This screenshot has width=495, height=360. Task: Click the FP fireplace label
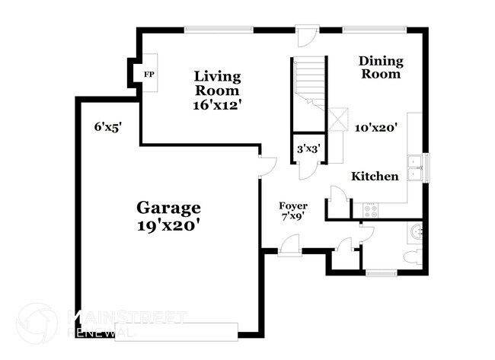[x=148, y=74]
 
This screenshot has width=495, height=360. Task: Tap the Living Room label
[x=217, y=84]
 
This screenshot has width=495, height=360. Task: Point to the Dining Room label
[x=381, y=68]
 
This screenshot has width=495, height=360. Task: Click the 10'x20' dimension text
[x=376, y=129]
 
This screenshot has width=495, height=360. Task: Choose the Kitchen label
[x=374, y=177]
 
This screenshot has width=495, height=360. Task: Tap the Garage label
[x=168, y=207]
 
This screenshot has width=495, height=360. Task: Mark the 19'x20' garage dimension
[x=168, y=225]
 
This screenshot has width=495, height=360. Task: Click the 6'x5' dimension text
[x=108, y=127]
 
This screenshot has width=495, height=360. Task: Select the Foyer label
[x=292, y=205]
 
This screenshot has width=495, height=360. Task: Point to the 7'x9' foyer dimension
[x=292, y=217]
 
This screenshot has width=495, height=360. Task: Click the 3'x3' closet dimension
[x=308, y=150]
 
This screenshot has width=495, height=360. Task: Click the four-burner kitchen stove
[x=371, y=210]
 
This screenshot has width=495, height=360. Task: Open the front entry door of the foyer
[x=289, y=247]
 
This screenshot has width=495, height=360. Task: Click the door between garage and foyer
[x=264, y=165]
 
